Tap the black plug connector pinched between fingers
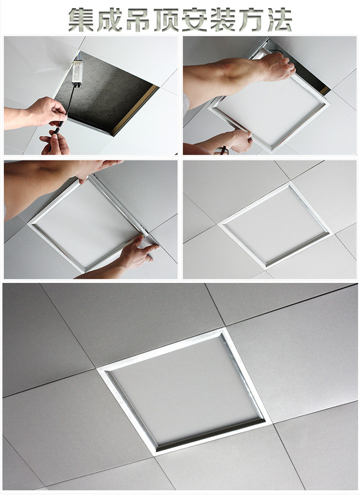tap(59, 129)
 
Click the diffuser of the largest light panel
tap(187, 390)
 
